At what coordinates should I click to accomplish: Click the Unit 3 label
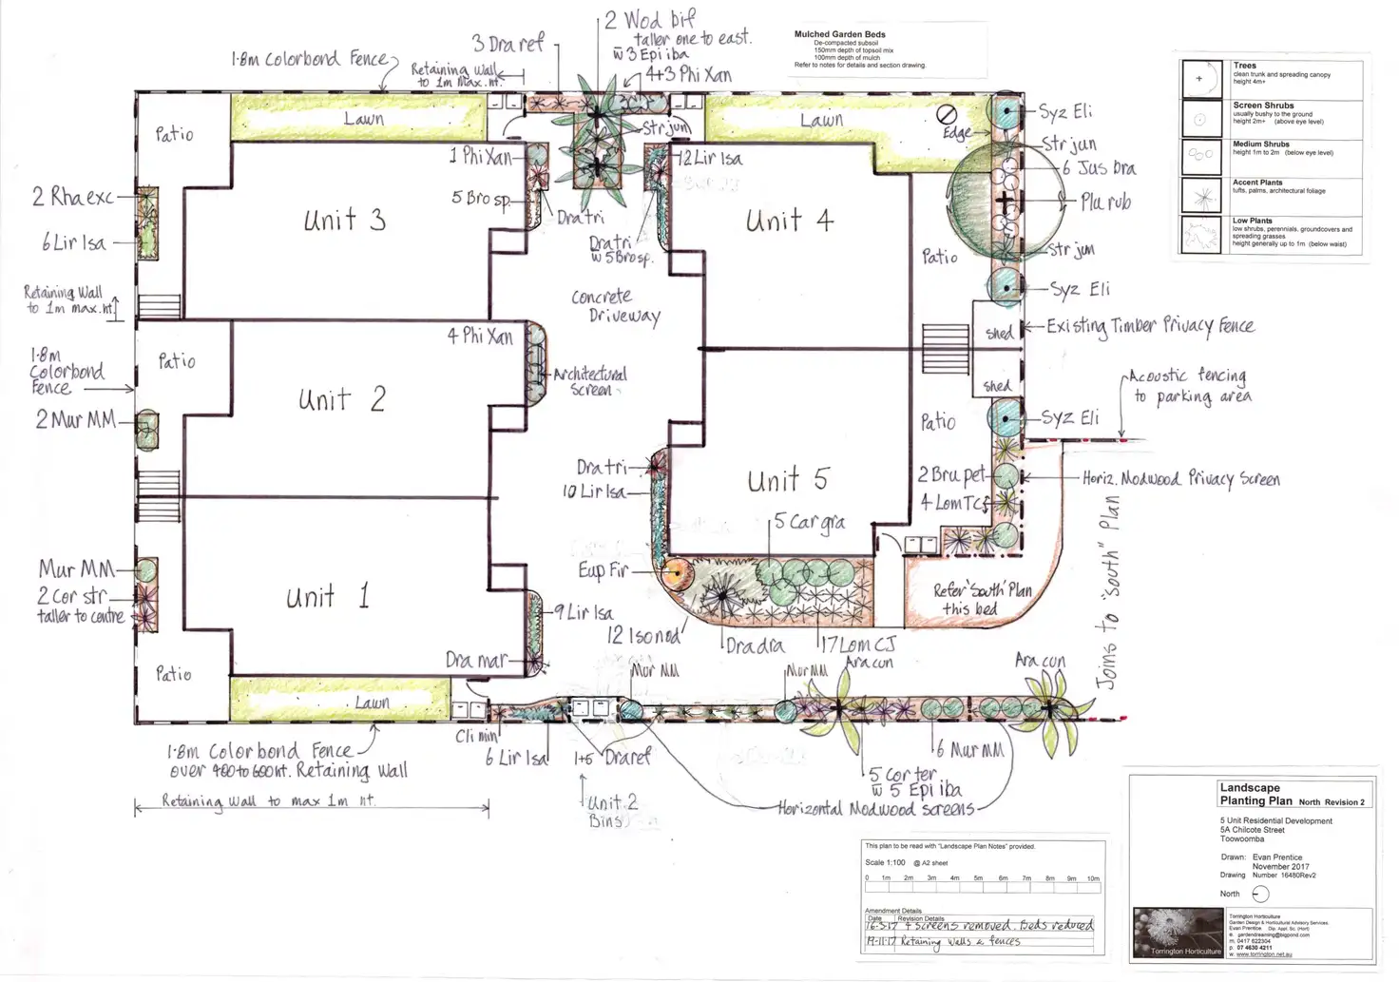coord(344,221)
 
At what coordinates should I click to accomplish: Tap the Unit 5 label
coord(787,481)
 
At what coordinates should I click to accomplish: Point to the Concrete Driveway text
coord(616,306)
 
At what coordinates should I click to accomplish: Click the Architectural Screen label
coord(590,381)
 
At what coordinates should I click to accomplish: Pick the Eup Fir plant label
coord(603,570)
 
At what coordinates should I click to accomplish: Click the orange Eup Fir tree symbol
coord(674,572)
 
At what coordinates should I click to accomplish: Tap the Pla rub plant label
coord(1105,202)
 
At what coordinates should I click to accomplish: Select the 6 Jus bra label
coord(1099,168)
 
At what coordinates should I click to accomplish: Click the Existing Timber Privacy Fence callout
coord(1150,327)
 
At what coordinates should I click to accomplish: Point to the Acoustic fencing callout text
coord(1190,386)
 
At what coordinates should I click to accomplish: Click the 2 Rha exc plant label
coord(72,198)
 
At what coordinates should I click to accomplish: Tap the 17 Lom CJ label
coord(856,645)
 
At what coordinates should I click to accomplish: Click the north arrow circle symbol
coord(1260,894)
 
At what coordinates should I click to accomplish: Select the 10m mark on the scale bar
coord(1093,878)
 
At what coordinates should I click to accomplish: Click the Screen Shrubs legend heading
coord(1263,106)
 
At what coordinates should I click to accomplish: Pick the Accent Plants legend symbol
coord(1201,197)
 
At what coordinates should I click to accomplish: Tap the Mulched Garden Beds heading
coord(839,34)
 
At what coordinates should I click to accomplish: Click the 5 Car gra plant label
coord(809,523)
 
